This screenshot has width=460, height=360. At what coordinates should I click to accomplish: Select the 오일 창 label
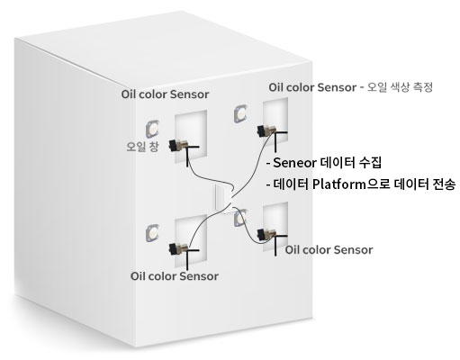click(142, 147)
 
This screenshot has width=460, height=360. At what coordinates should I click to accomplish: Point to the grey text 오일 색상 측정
click(400, 87)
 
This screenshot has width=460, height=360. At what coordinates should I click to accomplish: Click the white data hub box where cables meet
click(223, 198)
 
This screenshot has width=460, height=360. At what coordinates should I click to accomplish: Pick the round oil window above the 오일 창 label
click(152, 129)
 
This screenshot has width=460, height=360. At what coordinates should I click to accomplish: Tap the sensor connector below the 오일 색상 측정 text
click(266, 131)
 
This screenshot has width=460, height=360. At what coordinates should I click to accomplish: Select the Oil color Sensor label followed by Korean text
click(312, 87)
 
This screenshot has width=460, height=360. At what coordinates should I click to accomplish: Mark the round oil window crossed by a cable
click(240, 218)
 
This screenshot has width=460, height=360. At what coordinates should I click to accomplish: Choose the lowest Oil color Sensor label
click(175, 276)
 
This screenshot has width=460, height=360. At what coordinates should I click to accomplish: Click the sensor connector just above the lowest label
click(179, 248)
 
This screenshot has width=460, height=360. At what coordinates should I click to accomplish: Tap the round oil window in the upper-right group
click(240, 113)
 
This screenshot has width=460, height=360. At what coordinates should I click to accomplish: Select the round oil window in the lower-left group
click(152, 233)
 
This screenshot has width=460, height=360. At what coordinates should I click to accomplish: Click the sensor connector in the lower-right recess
click(266, 235)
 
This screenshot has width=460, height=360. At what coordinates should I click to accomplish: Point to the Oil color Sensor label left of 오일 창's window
click(165, 94)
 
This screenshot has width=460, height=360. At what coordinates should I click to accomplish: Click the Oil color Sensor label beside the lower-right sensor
click(329, 250)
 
